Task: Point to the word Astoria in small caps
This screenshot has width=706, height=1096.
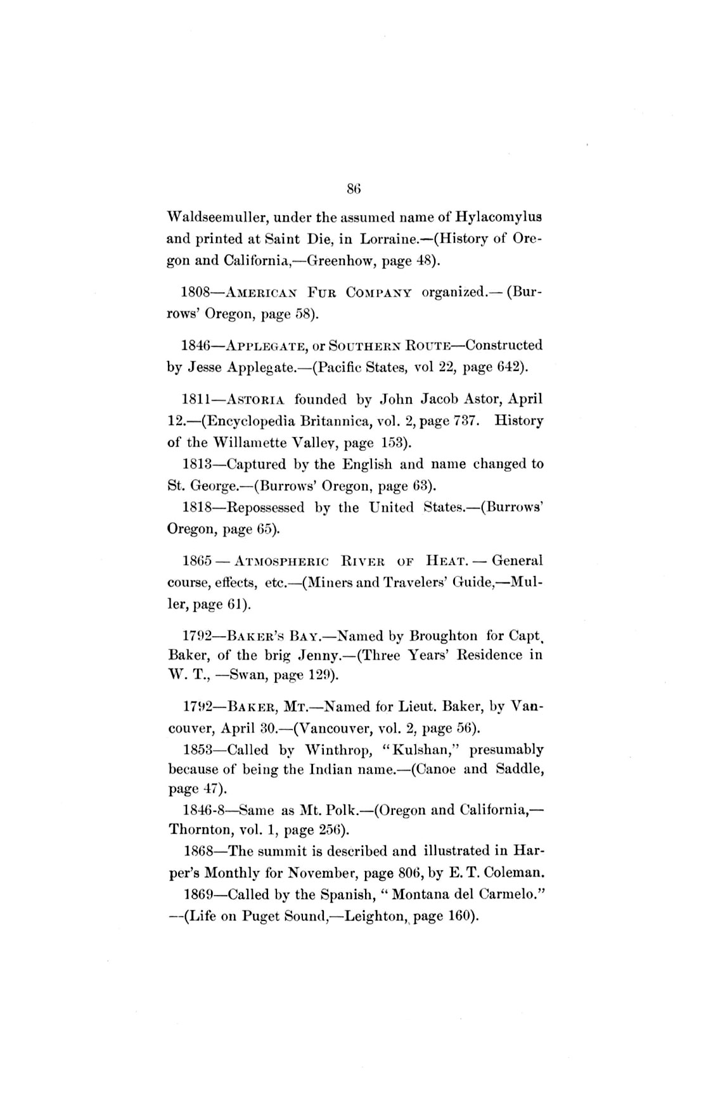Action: (x=257, y=400)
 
